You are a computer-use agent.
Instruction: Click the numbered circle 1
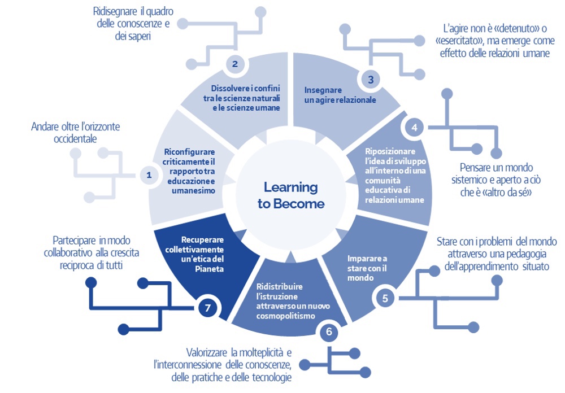tap(149, 175)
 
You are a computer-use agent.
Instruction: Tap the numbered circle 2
tap(235, 64)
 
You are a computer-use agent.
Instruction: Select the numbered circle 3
tap(371, 80)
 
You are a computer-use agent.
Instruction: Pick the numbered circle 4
tap(414, 128)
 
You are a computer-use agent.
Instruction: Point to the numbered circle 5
tap(385, 299)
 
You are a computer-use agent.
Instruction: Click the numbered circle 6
tap(329, 332)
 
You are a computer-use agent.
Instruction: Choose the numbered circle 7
tap(208, 308)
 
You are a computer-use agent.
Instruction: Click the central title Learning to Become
tap(291, 195)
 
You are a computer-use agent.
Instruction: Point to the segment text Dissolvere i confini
tap(246, 89)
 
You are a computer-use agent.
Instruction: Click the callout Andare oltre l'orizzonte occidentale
tap(75, 132)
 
